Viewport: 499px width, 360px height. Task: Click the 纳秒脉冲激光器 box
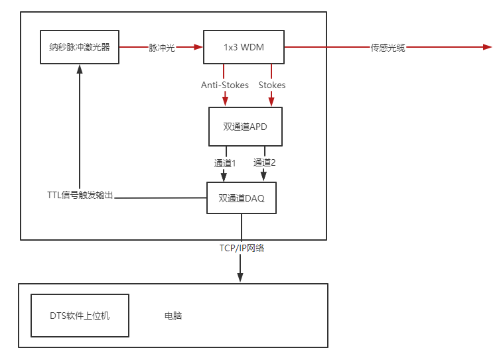pos(80,47)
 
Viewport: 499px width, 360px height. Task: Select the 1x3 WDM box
pos(244,47)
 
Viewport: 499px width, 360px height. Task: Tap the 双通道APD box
pos(246,127)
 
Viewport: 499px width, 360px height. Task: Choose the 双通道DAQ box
pos(242,198)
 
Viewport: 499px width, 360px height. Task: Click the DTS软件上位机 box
pos(80,316)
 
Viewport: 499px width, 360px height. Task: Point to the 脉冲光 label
pos(162,48)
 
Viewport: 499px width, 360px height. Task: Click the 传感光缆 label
pos(388,48)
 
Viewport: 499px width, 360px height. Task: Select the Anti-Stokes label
pos(225,85)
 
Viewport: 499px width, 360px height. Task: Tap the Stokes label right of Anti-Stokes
pos(272,85)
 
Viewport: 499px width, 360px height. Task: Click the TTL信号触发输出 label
pos(80,195)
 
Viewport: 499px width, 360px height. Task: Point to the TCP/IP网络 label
pos(242,248)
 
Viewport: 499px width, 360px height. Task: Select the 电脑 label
pos(173,316)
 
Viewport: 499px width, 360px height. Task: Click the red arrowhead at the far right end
pos(488,47)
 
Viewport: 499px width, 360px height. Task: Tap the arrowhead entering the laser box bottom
pos(80,69)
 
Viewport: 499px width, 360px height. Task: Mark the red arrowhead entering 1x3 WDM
pos(198,47)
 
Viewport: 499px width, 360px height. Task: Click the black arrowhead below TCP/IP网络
pos(240,278)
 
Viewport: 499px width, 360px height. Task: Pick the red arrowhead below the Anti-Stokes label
pos(225,101)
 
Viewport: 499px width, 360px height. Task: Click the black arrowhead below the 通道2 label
pos(263,176)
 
